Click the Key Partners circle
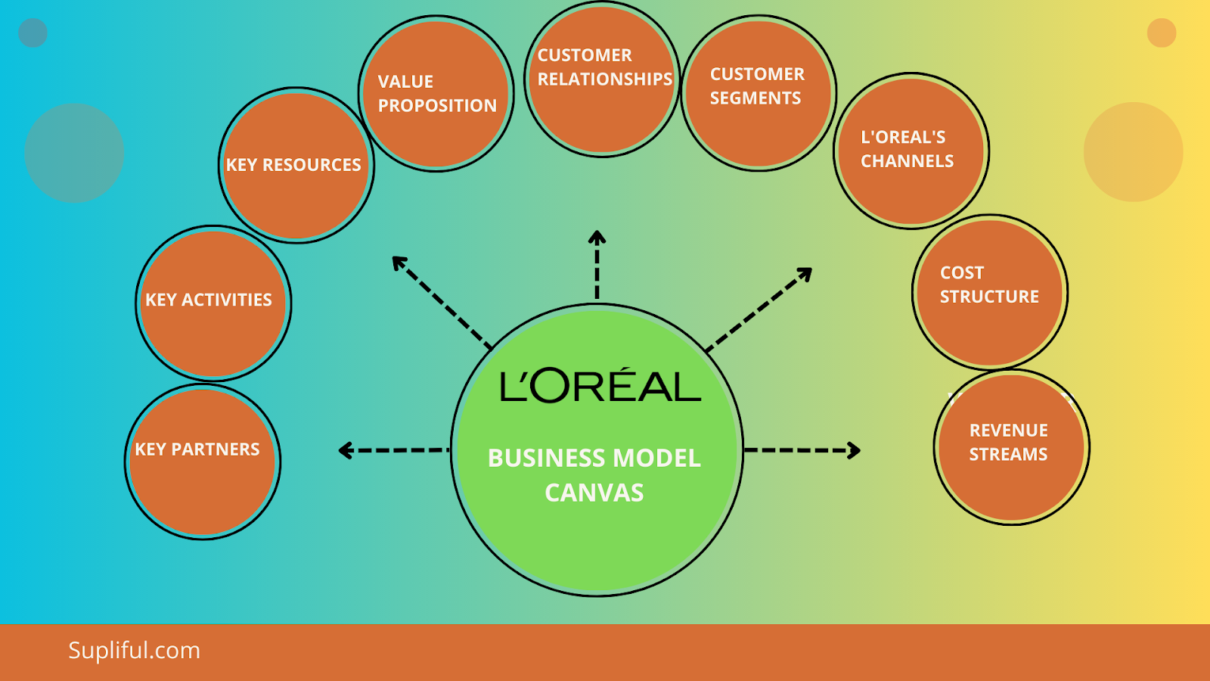[x=203, y=462]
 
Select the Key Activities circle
[x=213, y=303]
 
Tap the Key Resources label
[x=293, y=165]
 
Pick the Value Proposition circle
[x=436, y=94]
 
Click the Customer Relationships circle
[x=602, y=79]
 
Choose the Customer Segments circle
[x=759, y=93]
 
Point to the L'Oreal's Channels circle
[x=911, y=151]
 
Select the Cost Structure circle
[x=990, y=293]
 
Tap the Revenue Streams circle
[x=1012, y=447]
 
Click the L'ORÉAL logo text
[x=600, y=386]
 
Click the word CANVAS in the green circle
[x=594, y=493]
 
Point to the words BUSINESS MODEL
[x=594, y=459]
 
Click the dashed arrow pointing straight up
[x=597, y=265]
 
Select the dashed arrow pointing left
[x=393, y=450]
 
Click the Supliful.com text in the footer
[x=134, y=651]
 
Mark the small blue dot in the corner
[x=33, y=33]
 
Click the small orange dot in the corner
[x=1161, y=33]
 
